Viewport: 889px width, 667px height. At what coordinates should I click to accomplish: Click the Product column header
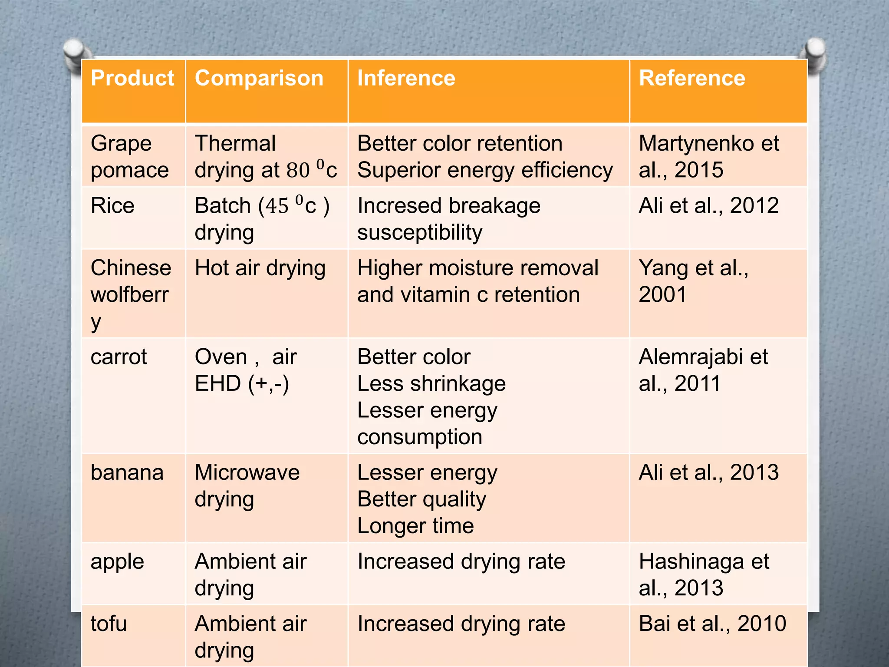pos(132,79)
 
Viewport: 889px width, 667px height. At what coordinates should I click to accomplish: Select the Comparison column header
pos(259,79)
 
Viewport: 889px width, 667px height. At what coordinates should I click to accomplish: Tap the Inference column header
pos(406,79)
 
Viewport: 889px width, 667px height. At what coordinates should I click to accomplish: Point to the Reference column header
pos(692,79)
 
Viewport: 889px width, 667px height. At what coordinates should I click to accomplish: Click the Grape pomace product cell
pos(129,156)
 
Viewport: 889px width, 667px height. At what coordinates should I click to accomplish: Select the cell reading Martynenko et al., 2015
pos(708,156)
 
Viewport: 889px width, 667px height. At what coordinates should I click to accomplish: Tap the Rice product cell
pos(113,205)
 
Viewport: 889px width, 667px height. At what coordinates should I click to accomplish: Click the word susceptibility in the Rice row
pos(420,232)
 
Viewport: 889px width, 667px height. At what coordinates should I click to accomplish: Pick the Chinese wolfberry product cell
pos(130,294)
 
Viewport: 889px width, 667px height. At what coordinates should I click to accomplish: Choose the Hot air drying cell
pos(260,268)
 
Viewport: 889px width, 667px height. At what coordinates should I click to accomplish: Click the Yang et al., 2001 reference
pos(693,281)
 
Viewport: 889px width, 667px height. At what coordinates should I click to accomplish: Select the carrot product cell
pos(119,357)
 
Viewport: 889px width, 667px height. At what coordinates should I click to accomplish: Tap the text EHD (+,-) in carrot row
pos(242,383)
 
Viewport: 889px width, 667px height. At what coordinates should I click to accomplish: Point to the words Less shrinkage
pos(431,384)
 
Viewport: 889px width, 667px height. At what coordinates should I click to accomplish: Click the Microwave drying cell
pos(247,485)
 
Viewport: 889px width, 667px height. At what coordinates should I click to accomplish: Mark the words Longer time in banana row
pos(415,526)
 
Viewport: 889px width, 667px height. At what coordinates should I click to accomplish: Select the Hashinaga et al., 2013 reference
pos(704,574)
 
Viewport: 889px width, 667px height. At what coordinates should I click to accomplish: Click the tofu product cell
pos(109,624)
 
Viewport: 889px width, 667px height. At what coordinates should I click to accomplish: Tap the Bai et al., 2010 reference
pos(712,624)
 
